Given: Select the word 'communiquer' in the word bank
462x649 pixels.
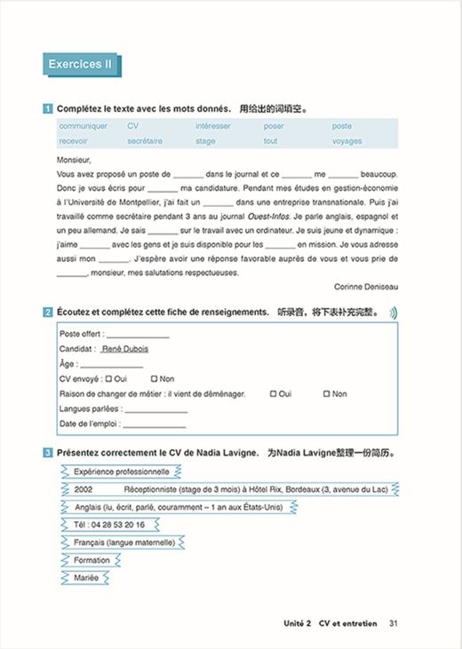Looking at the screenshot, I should click(x=83, y=126).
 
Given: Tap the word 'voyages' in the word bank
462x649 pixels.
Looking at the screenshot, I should click(x=346, y=141).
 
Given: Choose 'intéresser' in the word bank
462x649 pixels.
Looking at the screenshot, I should click(x=212, y=126).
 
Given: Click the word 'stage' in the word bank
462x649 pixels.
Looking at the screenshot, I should click(x=205, y=141).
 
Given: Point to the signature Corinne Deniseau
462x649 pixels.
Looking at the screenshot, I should click(x=366, y=287).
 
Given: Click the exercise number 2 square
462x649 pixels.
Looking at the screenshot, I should click(x=47, y=313).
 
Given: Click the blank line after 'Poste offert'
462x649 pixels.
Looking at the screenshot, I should click(x=138, y=336).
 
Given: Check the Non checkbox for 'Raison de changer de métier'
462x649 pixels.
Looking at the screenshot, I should click(x=326, y=393).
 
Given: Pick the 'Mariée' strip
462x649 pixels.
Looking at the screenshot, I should click(x=87, y=578).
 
